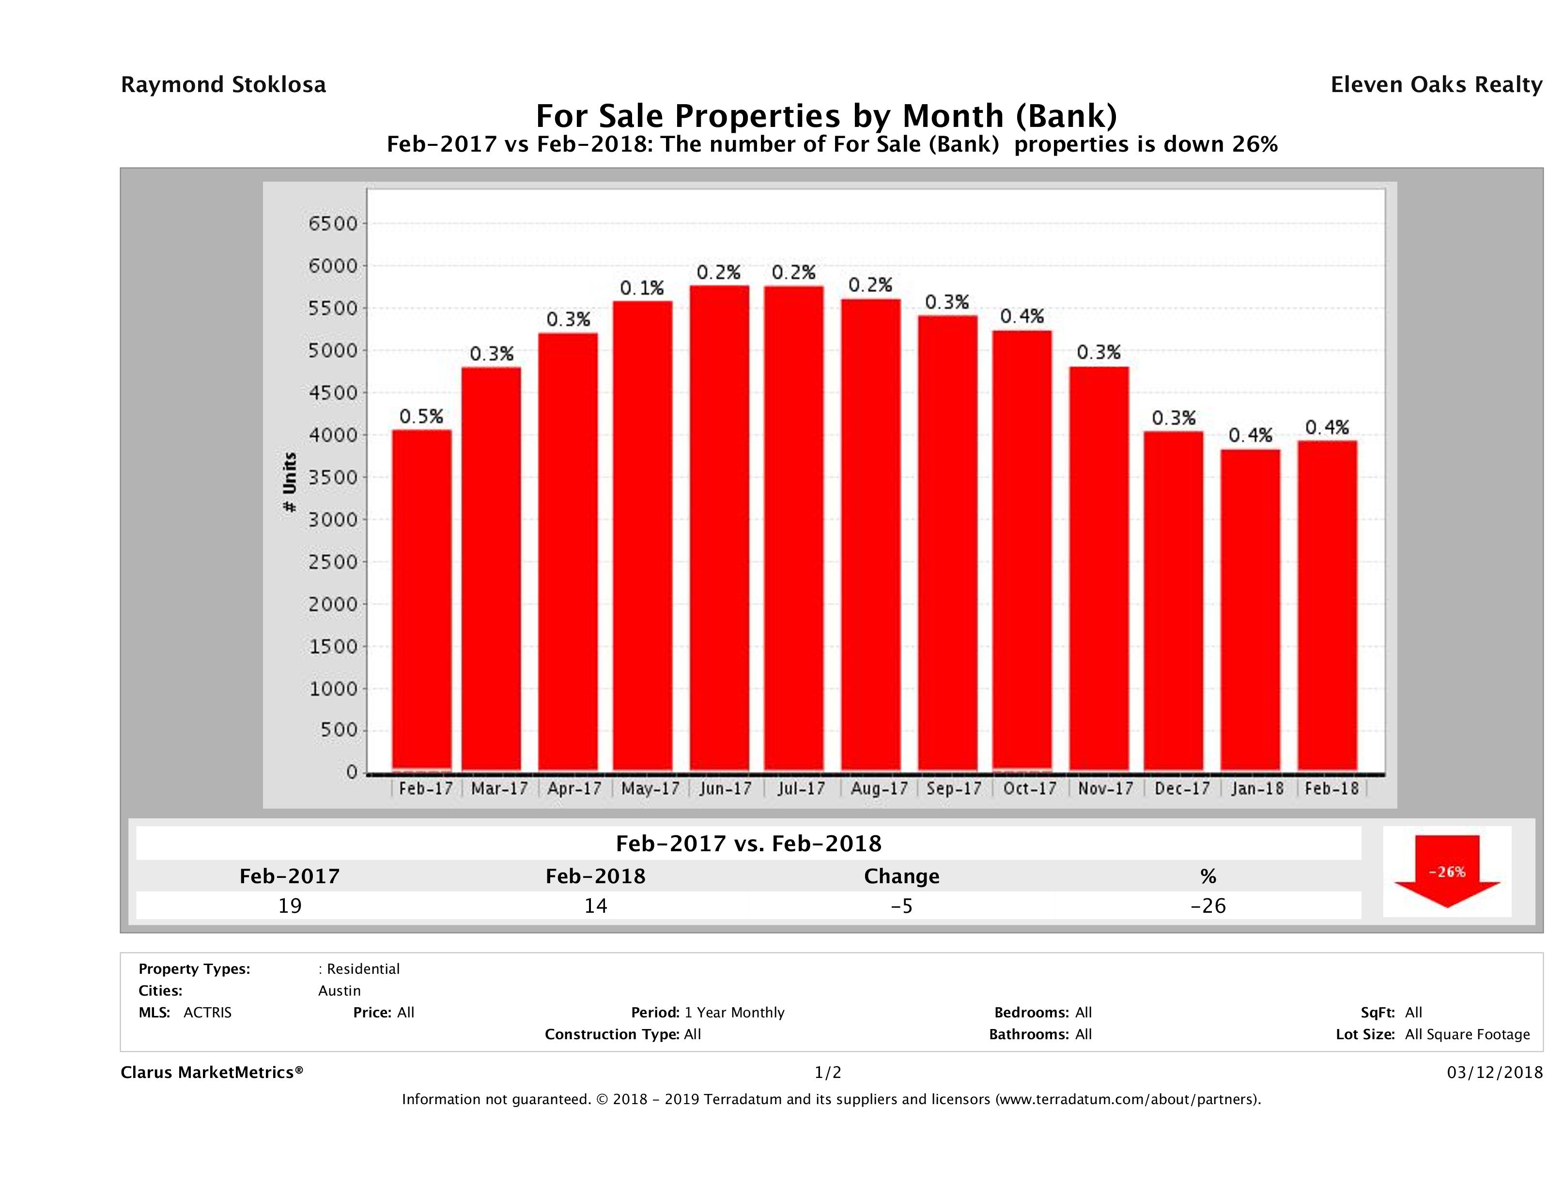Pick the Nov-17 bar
coord(1099,569)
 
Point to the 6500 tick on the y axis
coord(333,224)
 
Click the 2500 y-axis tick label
coord(333,562)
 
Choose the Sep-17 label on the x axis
coord(954,789)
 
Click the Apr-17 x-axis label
coord(574,789)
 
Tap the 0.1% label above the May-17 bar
coord(642,288)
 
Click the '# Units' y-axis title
coord(290,482)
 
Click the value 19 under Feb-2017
coord(290,905)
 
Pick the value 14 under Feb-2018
coord(596,905)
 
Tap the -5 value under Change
coord(902,905)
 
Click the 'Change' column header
coord(902,876)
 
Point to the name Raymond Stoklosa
coord(223,85)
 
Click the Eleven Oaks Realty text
coord(1436,85)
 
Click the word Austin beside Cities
coord(339,991)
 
